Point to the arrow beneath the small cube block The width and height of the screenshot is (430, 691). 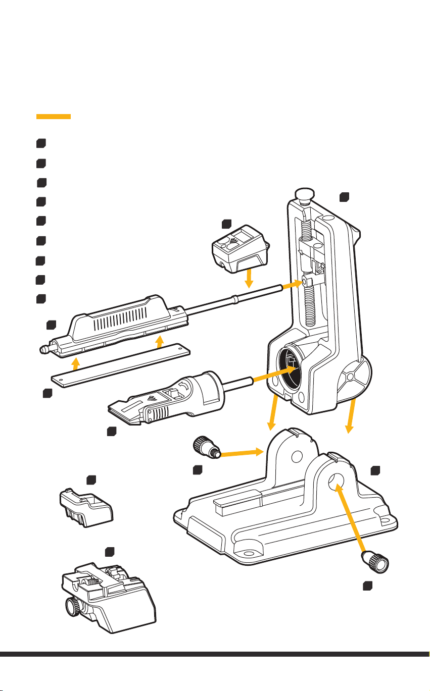pos(248,278)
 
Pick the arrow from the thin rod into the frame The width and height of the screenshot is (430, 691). pos(292,284)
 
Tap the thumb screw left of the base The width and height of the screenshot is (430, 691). pos(204,447)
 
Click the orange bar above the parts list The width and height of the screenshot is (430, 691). pos(53,117)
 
